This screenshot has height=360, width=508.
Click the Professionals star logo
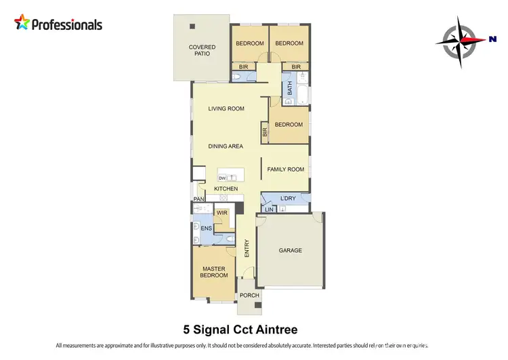(x=22, y=24)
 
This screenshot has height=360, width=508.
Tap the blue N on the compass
(x=492, y=39)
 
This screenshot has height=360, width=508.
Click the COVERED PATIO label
(x=202, y=51)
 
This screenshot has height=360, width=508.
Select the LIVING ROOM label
(x=226, y=108)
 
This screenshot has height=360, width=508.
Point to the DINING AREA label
(x=226, y=146)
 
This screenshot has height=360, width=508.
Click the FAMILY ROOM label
(x=285, y=169)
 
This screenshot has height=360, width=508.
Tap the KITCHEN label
(x=226, y=188)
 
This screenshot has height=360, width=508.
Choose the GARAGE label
(x=291, y=250)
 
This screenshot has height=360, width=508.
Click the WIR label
(x=221, y=213)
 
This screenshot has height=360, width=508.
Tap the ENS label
(x=206, y=228)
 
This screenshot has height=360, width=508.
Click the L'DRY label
(x=287, y=198)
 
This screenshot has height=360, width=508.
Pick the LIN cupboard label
(x=269, y=209)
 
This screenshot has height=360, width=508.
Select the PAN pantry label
(x=198, y=199)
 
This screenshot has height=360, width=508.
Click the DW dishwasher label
(x=221, y=178)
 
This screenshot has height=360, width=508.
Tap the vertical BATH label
(x=290, y=88)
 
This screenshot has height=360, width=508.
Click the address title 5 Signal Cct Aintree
(x=240, y=330)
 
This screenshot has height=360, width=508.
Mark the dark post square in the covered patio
(x=192, y=26)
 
